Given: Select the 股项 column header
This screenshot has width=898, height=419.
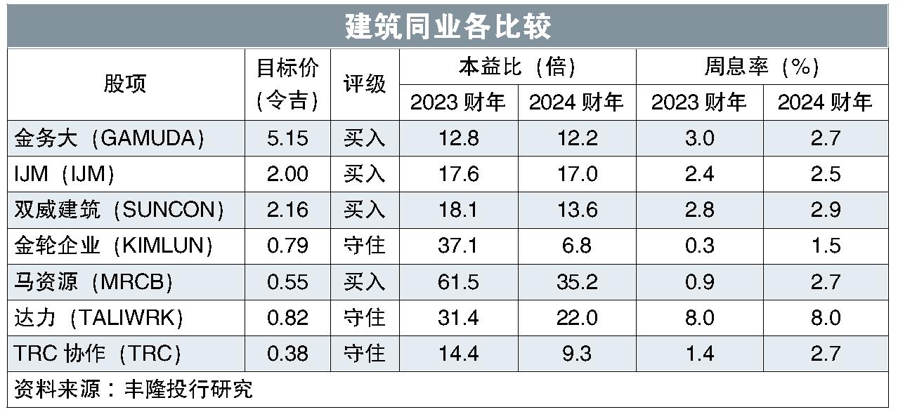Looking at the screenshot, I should point(125,84).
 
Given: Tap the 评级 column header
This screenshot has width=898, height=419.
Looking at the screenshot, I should point(364,84).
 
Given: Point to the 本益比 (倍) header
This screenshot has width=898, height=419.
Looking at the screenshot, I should point(517,67).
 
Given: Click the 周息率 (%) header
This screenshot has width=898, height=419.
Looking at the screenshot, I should point(762,67).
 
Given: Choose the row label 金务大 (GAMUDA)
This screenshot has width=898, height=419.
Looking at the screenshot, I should point(110,138).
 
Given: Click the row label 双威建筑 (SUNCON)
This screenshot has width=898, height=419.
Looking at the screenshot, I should point(119,210).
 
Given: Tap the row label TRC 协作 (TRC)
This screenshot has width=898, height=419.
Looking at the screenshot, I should point(98,353).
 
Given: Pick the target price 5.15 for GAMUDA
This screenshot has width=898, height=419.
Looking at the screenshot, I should point(287,138).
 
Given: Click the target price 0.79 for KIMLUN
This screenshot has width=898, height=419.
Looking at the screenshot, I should point(287,246).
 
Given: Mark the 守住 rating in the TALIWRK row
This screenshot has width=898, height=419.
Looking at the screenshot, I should point(364,317).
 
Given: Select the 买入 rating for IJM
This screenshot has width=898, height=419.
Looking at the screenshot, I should point(364,174).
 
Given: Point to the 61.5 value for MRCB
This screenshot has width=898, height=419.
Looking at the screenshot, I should point(458,281).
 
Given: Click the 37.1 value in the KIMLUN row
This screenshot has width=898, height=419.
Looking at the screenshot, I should point(458,246).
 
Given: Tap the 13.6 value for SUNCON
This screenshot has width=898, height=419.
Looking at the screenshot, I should point(577,210).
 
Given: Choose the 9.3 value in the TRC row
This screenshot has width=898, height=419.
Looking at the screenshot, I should point(577,353).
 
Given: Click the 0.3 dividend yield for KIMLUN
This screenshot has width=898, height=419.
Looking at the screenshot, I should point(699,246).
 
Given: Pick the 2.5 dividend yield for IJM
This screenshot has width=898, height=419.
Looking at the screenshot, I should point(825,174).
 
